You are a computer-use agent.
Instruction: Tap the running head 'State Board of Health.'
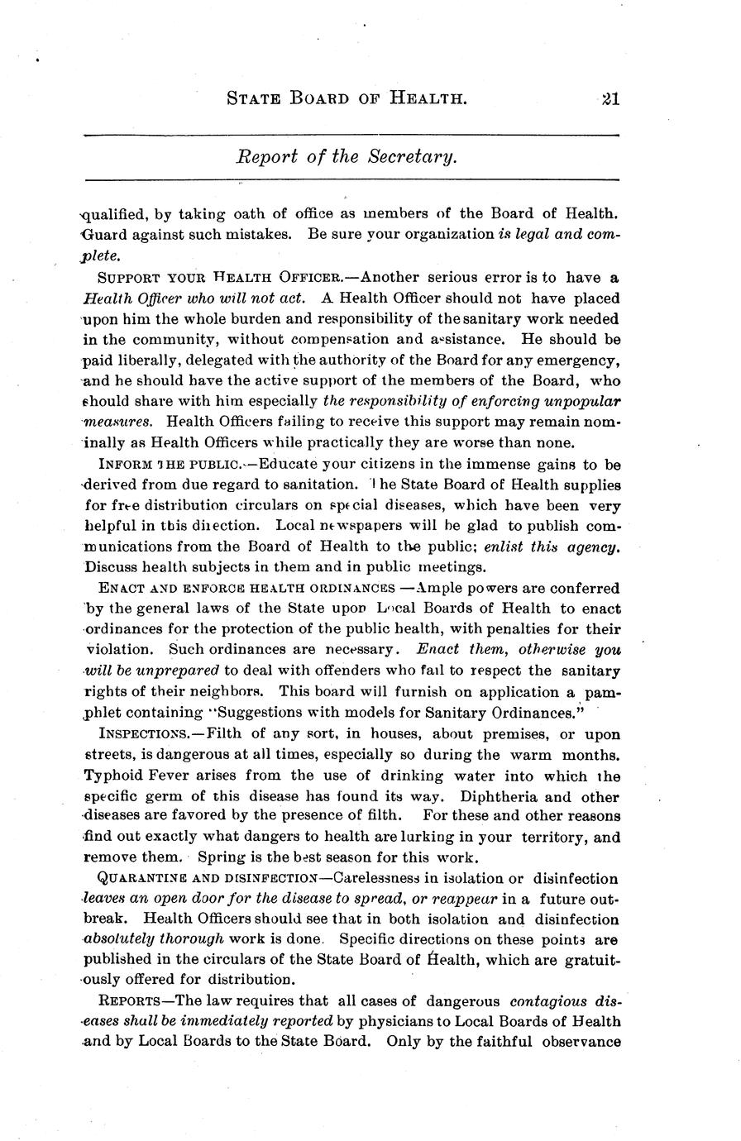coord(347,99)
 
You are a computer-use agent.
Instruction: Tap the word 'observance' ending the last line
coord(581,1043)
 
